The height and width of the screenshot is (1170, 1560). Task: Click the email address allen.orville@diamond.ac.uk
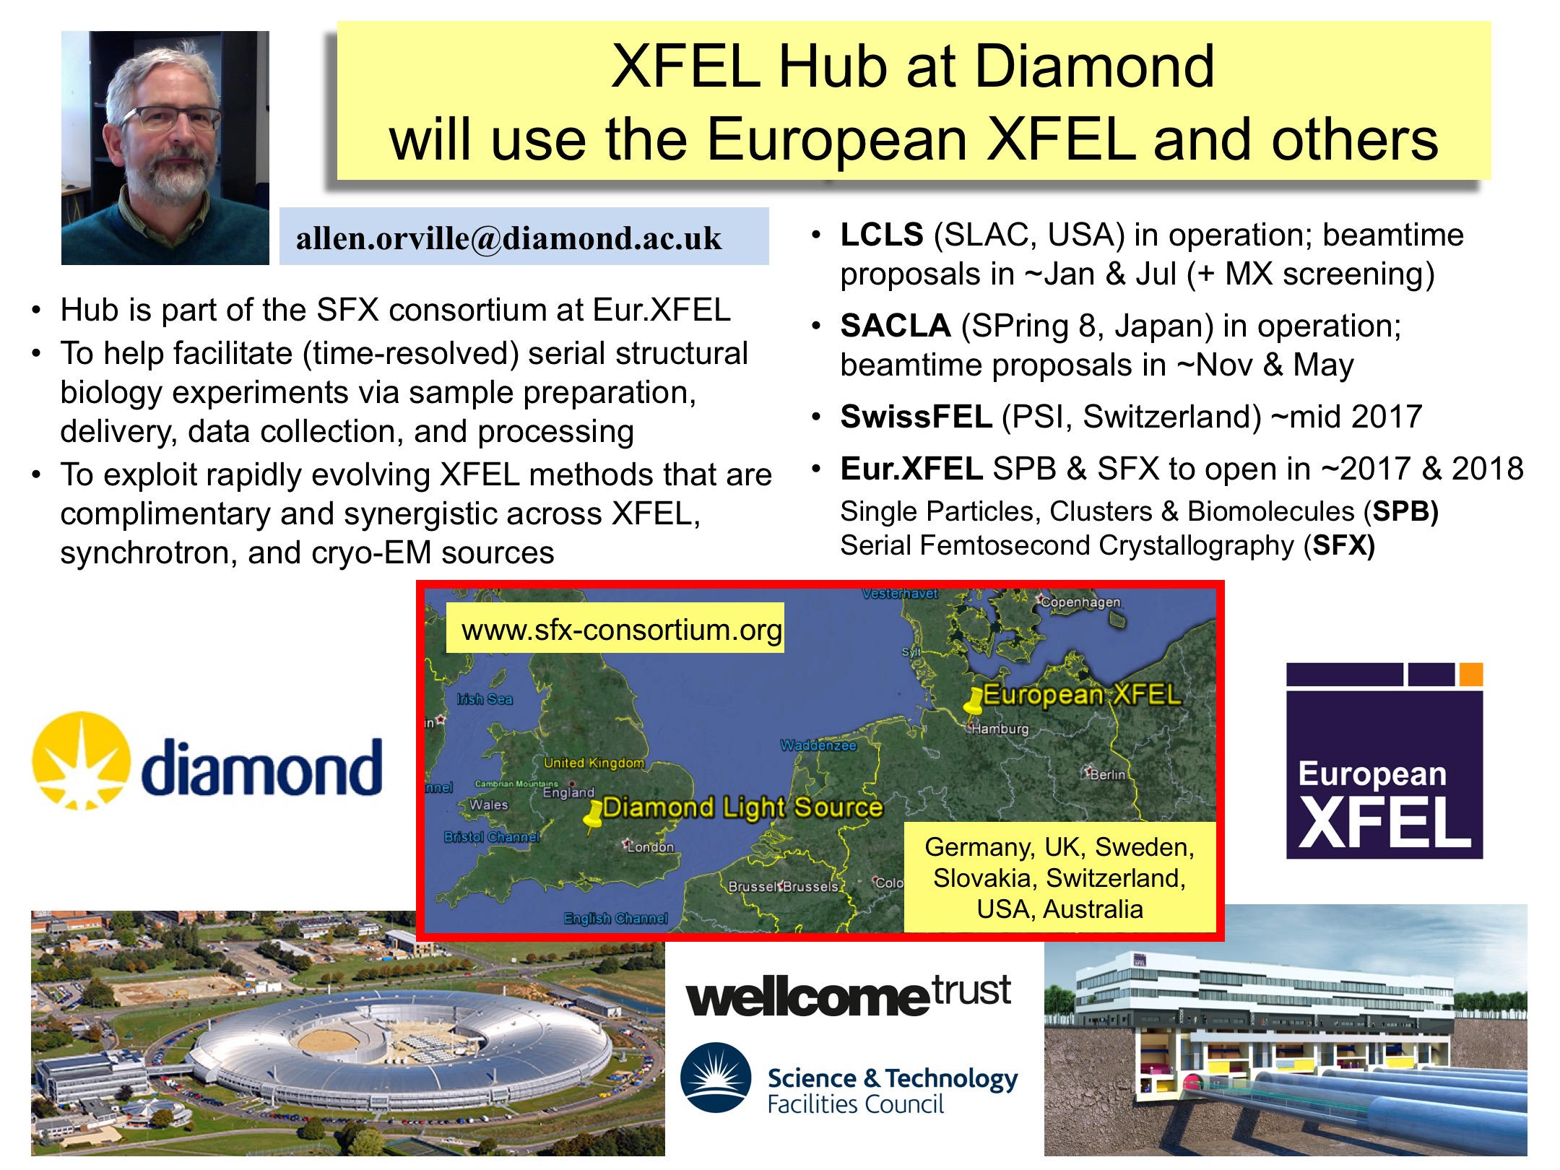tap(508, 238)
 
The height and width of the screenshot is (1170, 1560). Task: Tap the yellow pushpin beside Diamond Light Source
tap(593, 816)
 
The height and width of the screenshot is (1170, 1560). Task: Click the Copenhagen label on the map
tap(1080, 602)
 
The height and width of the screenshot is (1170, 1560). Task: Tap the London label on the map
tap(650, 846)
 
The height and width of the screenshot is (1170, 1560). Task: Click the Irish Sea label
tap(485, 698)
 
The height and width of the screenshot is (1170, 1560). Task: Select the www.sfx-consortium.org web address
tap(621, 630)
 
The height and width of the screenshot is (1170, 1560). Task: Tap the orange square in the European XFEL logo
tap(1471, 674)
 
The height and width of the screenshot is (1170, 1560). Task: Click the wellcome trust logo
tap(849, 995)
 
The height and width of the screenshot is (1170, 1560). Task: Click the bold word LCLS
tap(882, 235)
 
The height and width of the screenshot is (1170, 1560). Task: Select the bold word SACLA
tap(896, 326)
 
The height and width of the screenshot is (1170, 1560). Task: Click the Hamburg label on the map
tap(1000, 729)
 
